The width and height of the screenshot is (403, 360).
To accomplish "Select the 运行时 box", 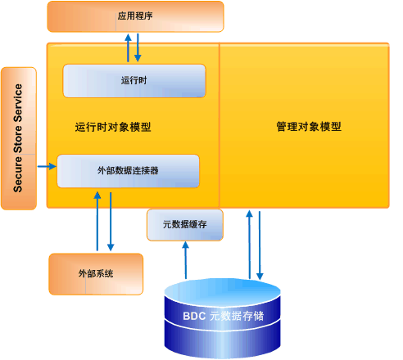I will (134, 81).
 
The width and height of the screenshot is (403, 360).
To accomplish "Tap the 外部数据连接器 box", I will (128, 170).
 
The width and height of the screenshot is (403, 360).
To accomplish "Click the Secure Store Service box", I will (19, 137).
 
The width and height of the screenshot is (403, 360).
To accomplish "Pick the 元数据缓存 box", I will (184, 224).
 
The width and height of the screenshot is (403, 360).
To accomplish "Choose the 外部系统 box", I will (96, 273).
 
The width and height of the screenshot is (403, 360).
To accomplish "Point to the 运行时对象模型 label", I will (112, 128).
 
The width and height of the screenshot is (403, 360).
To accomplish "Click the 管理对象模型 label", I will (308, 128).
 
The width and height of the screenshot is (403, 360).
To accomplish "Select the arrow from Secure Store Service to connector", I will (47, 167).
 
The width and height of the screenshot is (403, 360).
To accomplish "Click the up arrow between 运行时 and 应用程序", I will (128, 47).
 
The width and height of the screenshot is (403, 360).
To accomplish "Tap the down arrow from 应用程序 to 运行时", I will (138, 47).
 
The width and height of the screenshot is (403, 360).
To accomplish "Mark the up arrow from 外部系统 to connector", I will (97, 221).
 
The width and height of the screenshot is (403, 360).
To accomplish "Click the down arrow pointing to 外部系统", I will (111, 221).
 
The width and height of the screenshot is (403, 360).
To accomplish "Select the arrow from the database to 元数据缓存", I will (185, 260).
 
